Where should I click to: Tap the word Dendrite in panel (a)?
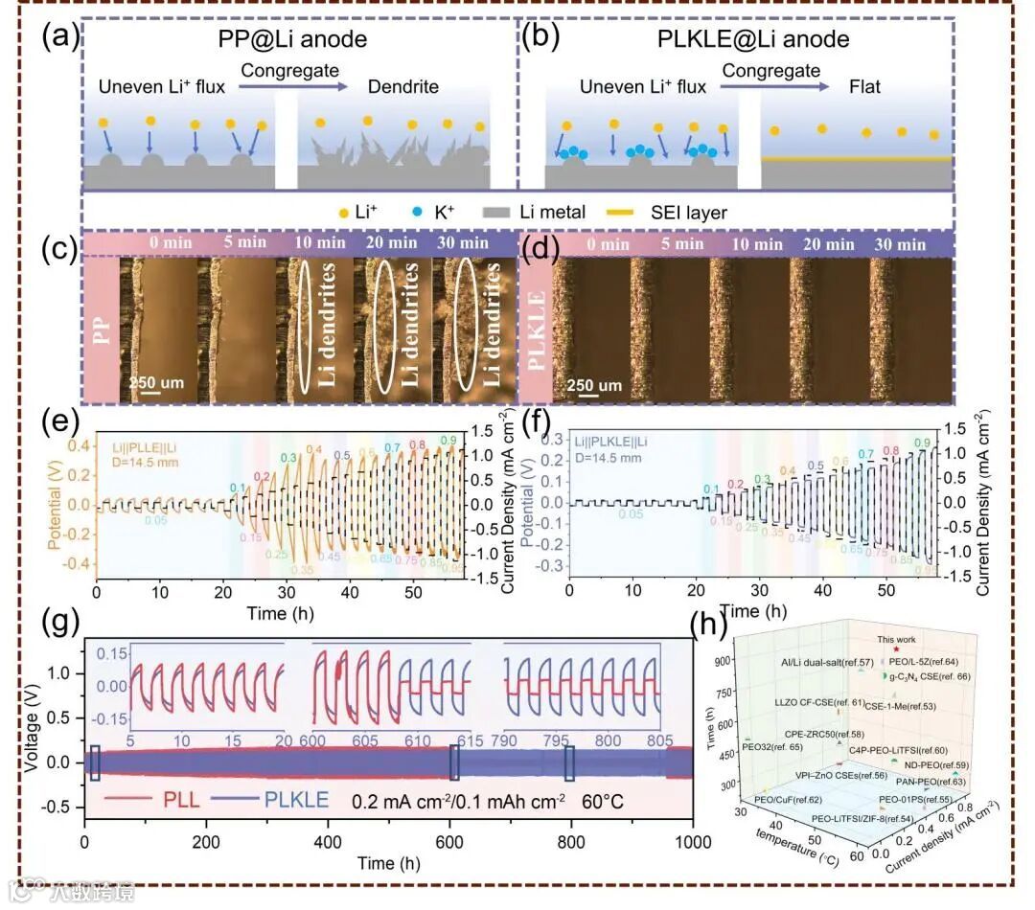(403, 87)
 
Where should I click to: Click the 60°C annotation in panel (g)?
(602, 800)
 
